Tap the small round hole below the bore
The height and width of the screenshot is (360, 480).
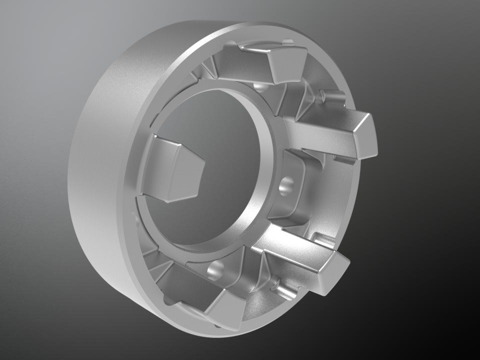coord(216,270)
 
